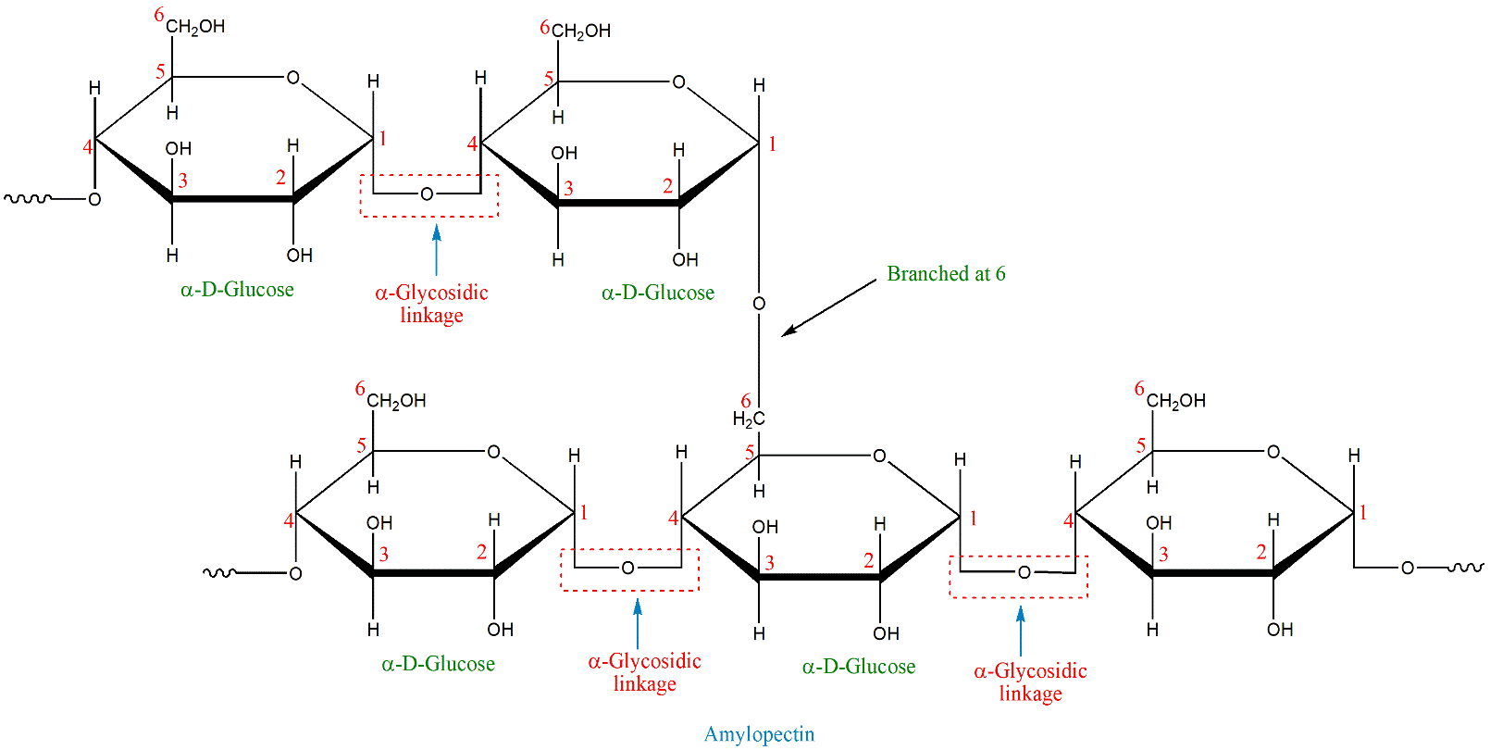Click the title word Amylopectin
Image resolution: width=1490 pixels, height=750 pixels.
coord(759,734)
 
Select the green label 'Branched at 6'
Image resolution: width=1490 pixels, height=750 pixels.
coord(945,274)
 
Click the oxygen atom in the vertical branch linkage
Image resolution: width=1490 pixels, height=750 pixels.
coord(759,304)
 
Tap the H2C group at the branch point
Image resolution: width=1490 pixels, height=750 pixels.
coord(749,419)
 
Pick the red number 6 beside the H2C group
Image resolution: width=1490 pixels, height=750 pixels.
coord(746,401)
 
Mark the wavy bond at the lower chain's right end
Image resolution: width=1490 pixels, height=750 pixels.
coord(1463,568)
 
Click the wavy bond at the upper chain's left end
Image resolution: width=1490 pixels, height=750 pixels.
coord(28,198)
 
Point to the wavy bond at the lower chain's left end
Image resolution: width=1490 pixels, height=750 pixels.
coord(219,573)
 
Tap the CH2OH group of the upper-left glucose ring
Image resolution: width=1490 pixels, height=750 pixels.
coord(195,27)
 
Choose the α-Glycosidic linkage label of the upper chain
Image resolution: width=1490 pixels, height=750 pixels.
coord(431,304)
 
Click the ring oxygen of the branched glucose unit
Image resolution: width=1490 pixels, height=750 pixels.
coord(879,456)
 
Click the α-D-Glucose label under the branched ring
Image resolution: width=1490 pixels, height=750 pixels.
coord(858,667)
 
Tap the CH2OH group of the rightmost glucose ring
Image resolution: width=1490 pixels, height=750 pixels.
coord(1175,401)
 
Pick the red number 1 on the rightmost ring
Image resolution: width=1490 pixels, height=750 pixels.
coord(1362,513)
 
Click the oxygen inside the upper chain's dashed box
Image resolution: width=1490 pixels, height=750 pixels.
coord(427,194)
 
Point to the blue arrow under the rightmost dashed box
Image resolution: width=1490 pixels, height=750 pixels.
coord(1020,630)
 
